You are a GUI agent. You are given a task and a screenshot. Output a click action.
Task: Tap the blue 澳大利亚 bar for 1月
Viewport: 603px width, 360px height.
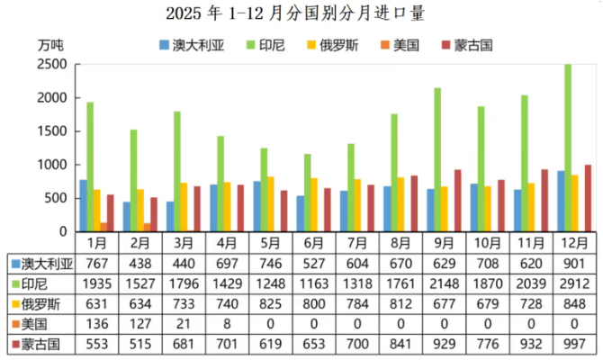83,205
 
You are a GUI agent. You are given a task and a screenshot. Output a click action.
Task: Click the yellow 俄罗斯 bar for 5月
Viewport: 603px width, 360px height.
270,203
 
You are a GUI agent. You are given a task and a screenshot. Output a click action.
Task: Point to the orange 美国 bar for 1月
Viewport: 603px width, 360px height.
104,227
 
